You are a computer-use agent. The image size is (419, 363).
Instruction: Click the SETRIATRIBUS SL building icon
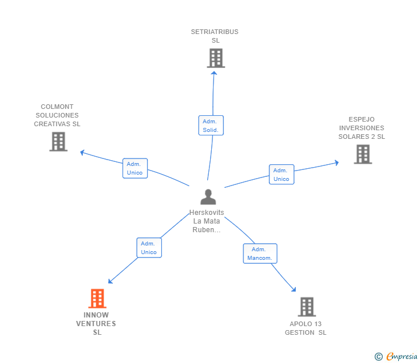pyautogui.click(x=216, y=58)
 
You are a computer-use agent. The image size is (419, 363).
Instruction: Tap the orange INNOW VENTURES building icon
pyautogui.click(x=97, y=298)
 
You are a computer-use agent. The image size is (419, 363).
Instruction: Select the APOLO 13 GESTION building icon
pyautogui.click(x=307, y=307)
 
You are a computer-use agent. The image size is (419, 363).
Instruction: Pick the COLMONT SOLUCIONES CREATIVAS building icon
pyautogui.click(x=58, y=141)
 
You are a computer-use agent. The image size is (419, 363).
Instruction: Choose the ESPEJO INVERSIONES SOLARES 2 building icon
pyautogui.click(x=363, y=154)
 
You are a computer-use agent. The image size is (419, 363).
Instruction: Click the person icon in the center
pyautogui.click(x=208, y=197)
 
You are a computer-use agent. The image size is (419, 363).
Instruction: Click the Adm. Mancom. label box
pyautogui.click(x=260, y=254)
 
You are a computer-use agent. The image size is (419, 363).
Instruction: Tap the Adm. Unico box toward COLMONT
pyautogui.click(x=135, y=168)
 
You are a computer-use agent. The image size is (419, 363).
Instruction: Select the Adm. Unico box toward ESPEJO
pyautogui.click(x=281, y=175)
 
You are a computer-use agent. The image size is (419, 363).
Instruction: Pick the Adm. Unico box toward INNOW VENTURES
pyautogui.click(x=149, y=248)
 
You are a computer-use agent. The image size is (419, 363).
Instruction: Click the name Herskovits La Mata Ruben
pyautogui.click(x=207, y=221)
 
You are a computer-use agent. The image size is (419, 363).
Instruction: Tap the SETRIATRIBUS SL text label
pyautogui.click(x=215, y=36)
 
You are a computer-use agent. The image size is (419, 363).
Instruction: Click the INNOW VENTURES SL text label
pyautogui.click(x=96, y=324)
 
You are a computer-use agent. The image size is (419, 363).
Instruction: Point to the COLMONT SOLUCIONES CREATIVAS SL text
pyautogui.click(x=57, y=115)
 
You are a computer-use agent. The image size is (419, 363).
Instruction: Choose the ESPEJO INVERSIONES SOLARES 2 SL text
pyautogui.click(x=361, y=128)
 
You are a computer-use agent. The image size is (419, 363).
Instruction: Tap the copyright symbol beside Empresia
pyautogui.click(x=379, y=357)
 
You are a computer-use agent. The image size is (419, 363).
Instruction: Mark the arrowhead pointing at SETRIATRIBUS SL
pyautogui.click(x=214, y=72)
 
